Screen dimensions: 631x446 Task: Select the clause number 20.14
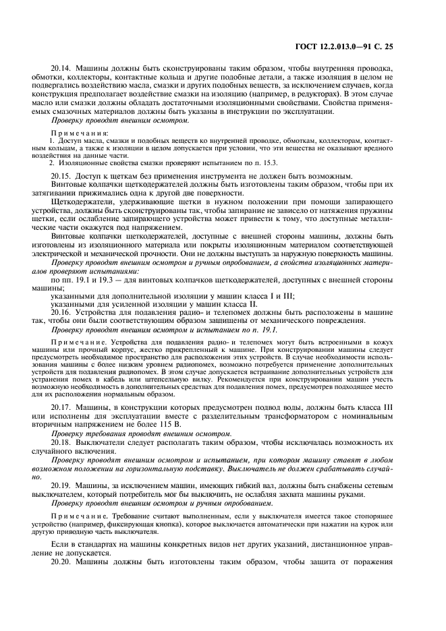coord(61,69)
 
